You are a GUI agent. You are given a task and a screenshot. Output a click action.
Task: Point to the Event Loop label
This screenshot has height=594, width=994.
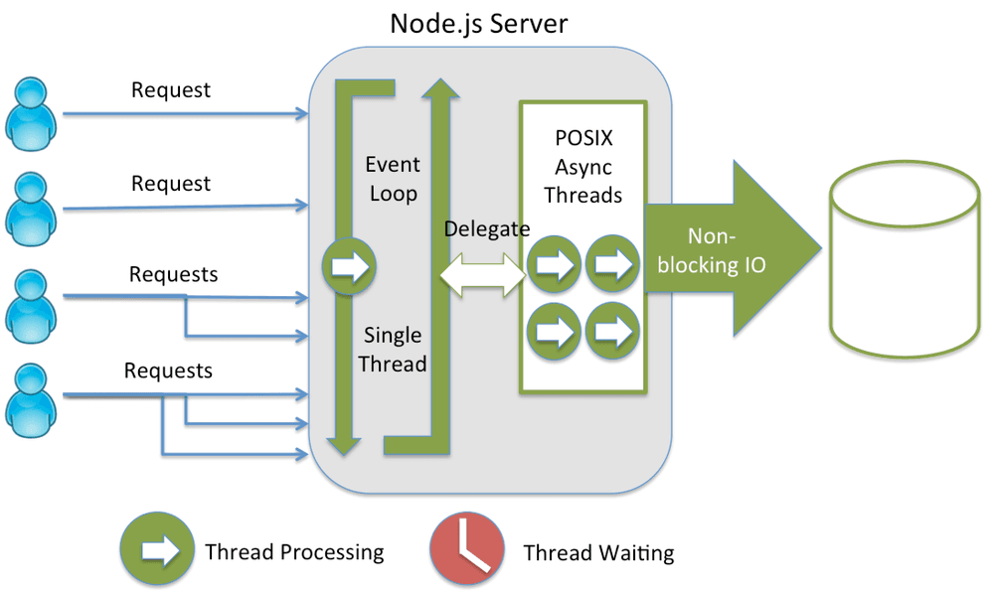pyautogui.click(x=394, y=179)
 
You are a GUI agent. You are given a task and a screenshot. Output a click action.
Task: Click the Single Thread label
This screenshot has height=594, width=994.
pyautogui.click(x=393, y=350)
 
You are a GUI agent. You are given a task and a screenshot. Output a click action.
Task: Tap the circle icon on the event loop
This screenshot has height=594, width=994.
pyautogui.click(x=349, y=266)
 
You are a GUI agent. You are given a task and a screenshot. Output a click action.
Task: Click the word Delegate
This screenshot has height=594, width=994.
pyautogui.click(x=487, y=229)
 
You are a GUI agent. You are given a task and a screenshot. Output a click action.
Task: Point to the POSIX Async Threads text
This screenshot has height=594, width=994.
pyautogui.click(x=583, y=167)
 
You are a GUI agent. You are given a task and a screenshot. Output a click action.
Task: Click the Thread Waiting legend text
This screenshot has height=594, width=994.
pyautogui.click(x=598, y=553)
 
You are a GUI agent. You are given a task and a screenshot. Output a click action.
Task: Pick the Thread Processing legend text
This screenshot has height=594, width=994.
pyautogui.click(x=294, y=552)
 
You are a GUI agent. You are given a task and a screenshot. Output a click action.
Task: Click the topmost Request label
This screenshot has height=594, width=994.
pyautogui.click(x=171, y=90)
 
